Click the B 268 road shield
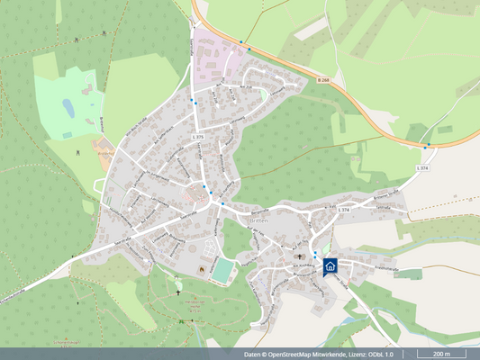(x=322, y=80)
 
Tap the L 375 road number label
(x=199, y=136)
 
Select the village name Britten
(x=259, y=221)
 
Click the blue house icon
(x=331, y=265)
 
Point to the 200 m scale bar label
(x=441, y=355)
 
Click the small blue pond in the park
(x=68, y=108)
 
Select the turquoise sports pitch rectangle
(x=222, y=271)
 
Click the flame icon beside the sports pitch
(x=201, y=271)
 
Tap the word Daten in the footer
(x=253, y=355)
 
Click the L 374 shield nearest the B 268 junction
(x=422, y=168)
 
